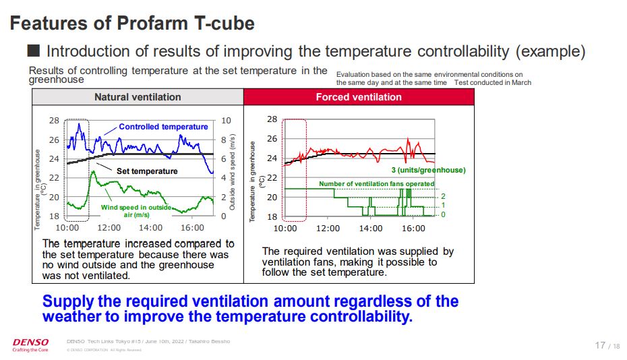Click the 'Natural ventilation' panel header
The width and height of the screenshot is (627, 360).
tap(138, 97)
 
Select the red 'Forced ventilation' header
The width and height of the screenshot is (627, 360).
tap(359, 97)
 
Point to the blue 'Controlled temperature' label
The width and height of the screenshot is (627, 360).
tap(163, 127)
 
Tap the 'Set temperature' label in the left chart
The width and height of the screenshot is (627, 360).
tap(147, 171)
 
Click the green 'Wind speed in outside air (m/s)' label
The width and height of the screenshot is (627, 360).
tap(136, 211)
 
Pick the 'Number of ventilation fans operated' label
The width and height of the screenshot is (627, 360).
tap(376, 183)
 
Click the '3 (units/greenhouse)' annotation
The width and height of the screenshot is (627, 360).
tap(428, 170)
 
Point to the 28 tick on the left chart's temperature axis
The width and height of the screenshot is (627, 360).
tap(54, 121)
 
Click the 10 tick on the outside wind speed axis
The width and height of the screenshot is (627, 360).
tap(226, 121)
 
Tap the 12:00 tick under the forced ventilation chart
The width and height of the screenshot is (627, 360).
tap(328, 229)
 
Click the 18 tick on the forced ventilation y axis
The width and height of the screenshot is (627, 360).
tap(272, 216)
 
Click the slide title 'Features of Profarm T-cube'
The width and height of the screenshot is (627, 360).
tap(132, 24)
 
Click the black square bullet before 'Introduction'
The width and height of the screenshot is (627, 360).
tap(33, 51)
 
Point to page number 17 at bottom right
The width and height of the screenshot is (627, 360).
tap(600, 345)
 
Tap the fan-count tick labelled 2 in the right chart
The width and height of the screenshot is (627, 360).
tap(443, 196)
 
